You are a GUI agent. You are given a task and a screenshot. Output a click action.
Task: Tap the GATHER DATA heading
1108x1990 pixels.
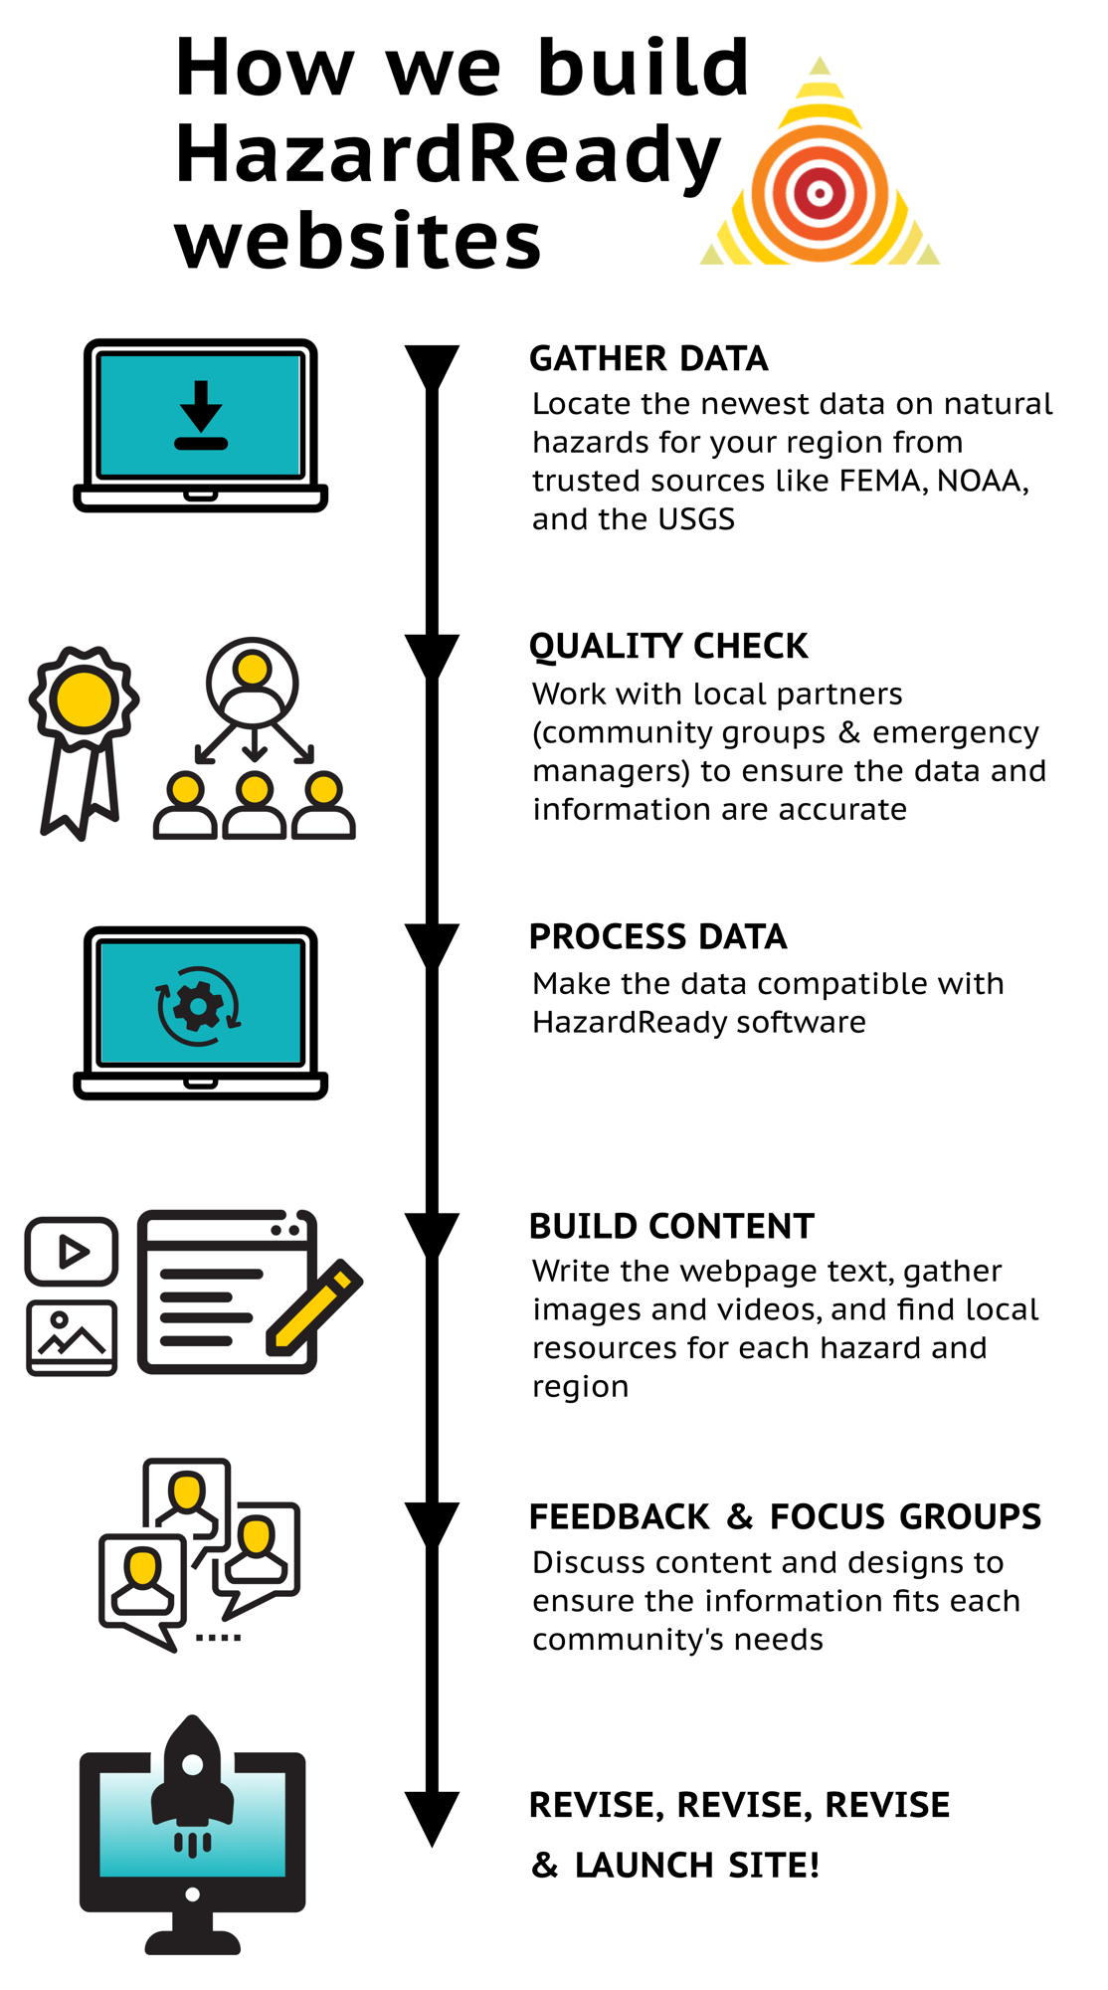648,358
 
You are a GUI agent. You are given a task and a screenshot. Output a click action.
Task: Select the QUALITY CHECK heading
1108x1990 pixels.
668,646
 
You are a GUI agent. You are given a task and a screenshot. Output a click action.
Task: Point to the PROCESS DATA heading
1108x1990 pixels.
657,936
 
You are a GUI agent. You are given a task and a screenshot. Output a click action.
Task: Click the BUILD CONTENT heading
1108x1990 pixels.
671,1226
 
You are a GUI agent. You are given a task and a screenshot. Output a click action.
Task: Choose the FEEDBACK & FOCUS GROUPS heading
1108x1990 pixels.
785,1516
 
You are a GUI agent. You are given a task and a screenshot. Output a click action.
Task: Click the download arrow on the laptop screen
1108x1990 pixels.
201,413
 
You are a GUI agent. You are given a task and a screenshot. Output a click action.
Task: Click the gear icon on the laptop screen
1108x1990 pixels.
199,1006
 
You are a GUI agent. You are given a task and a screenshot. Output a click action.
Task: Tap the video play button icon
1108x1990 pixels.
72,1251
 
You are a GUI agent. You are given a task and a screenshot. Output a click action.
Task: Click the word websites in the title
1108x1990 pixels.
358,241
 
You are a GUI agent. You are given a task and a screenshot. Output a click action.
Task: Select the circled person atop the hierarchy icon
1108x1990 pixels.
253,682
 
